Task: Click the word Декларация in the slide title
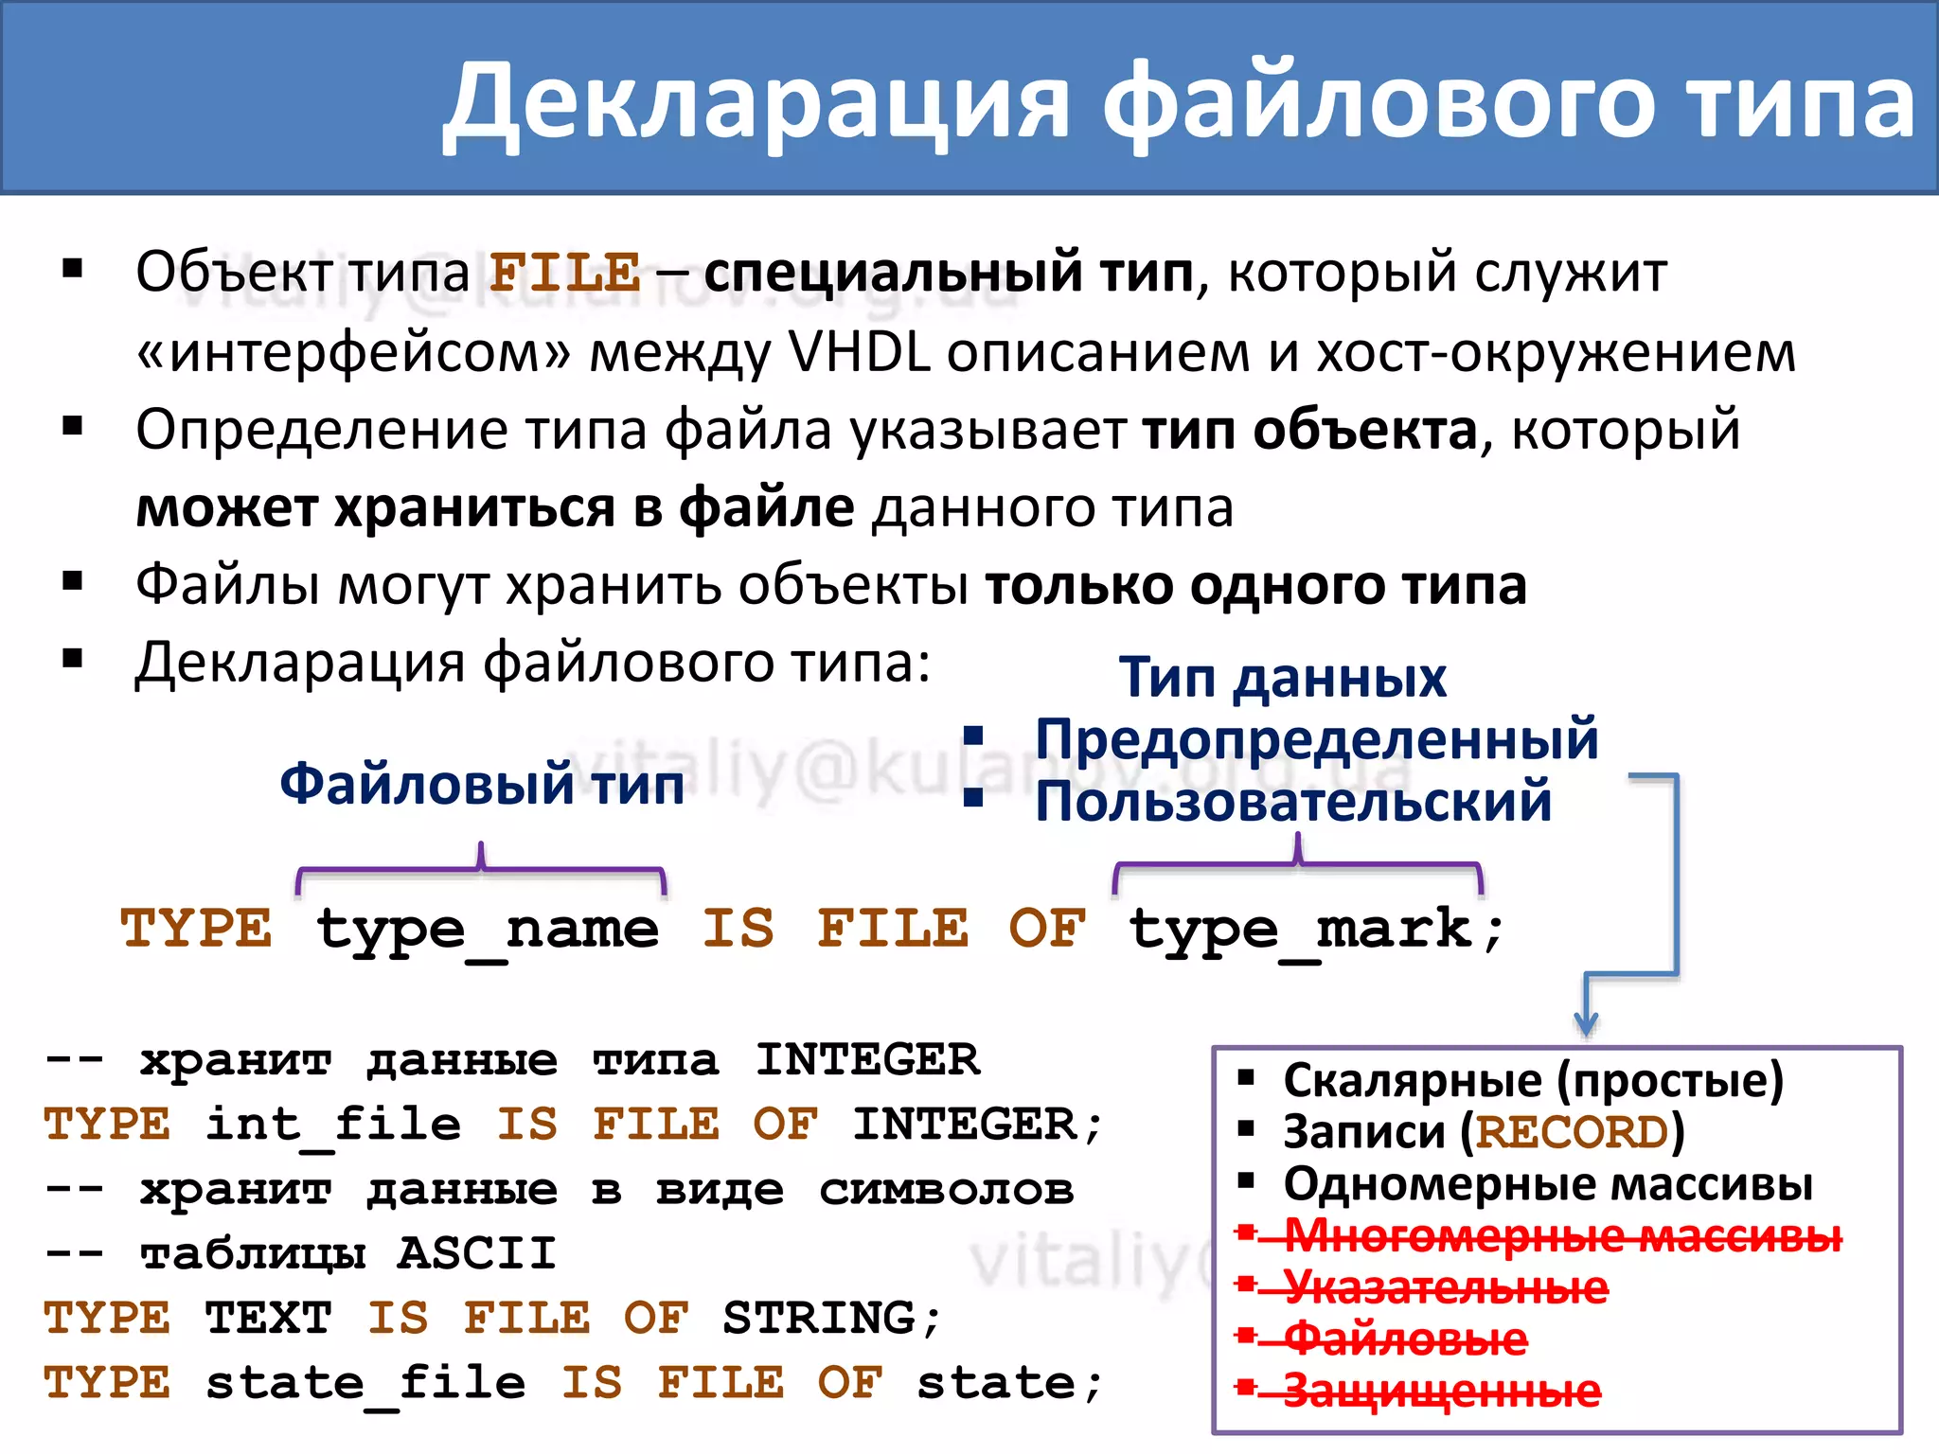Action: [757, 102]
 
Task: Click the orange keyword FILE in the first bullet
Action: [565, 274]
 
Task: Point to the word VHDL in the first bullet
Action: [859, 352]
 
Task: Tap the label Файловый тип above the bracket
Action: [482, 784]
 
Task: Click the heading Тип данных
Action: [1283, 678]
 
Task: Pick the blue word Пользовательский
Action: [1293, 801]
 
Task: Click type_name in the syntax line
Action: [488, 930]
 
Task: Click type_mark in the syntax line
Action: [1302, 930]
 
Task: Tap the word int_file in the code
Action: [333, 1125]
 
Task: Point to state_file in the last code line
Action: [365, 1383]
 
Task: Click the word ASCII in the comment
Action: [476, 1253]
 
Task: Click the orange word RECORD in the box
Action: [1572, 1132]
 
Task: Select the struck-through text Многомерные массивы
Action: [1562, 1235]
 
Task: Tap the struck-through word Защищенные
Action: [1441, 1391]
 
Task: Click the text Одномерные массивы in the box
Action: [1548, 1184]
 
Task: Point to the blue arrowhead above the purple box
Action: [1586, 1025]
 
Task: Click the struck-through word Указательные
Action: [1446, 1287]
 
